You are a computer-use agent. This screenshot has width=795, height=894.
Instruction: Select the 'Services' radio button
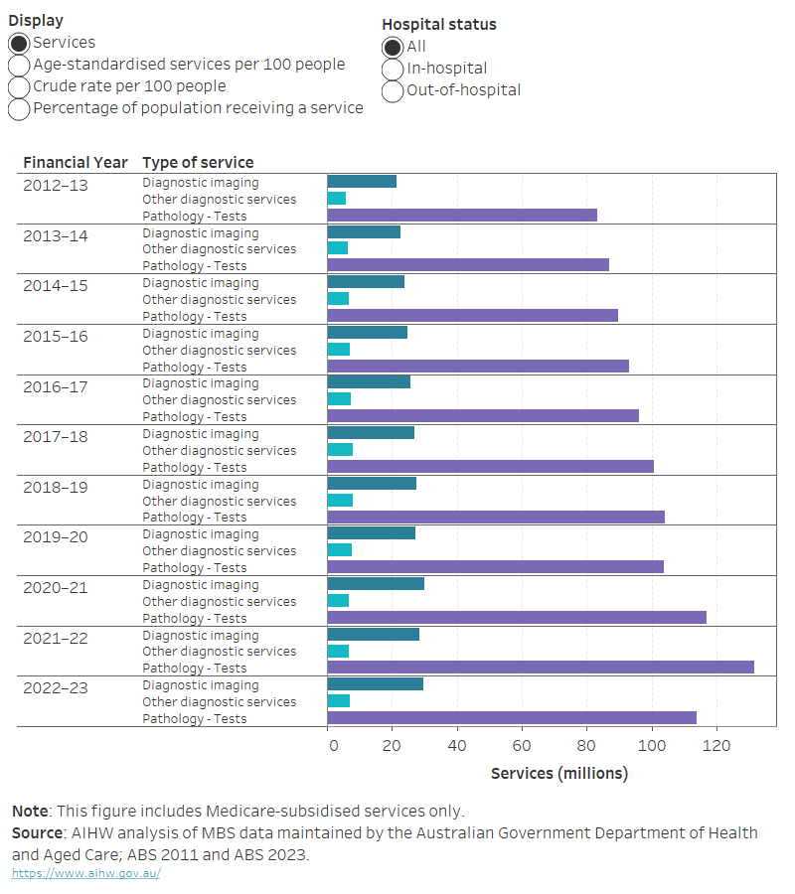pos(19,44)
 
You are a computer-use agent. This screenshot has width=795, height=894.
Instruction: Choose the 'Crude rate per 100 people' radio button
pos(19,87)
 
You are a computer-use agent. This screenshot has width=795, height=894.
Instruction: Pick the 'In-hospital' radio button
pos(393,70)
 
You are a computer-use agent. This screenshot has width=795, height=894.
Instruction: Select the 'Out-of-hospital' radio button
pos(393,91)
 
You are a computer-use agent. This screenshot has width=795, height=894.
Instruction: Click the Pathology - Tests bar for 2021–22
pos(541,668)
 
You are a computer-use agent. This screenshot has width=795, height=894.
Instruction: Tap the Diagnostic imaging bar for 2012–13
pos(362,182)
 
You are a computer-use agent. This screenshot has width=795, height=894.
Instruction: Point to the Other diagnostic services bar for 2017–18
pos(340,450)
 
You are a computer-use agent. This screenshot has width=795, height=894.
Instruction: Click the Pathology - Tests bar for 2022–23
pos(512,718)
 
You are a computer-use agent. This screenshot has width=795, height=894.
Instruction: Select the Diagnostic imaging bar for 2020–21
pos(376,584)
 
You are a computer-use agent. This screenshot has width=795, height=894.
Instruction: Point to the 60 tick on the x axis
pos(522,744)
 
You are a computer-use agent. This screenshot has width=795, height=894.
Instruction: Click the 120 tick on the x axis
pos(716,744)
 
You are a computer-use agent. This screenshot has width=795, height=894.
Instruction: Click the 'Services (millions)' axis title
pos(559,773)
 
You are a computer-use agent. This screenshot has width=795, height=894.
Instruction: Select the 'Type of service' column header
pos(198,162)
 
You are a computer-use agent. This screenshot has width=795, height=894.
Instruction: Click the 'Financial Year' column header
pos(76,162)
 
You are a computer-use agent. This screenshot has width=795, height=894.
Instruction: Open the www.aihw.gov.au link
pos(85,873)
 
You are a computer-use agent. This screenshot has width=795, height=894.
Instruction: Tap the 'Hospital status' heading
pos(439,24)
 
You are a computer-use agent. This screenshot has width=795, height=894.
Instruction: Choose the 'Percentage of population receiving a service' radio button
pos(19,109)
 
